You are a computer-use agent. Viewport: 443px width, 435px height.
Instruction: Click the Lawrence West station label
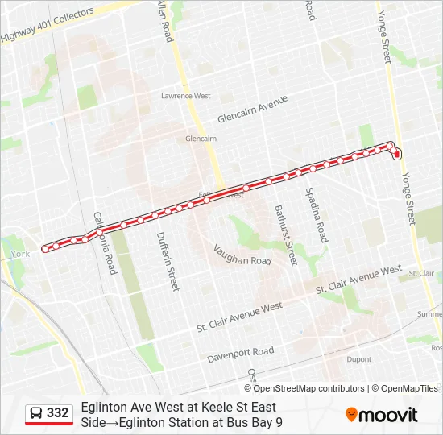coord(185,96)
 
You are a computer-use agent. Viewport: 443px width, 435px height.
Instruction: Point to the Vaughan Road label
coord(243,255)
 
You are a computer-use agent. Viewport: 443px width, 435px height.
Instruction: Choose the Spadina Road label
coord(317,214)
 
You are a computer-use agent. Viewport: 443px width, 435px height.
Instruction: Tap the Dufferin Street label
coord(168,263)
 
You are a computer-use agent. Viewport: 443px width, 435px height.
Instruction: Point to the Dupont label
coord(358,359)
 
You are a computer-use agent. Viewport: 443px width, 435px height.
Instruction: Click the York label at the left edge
coord(19,254)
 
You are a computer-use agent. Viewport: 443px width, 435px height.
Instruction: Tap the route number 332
coord(58,412)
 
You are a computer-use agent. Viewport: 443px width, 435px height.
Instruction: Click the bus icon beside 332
coord(36,413)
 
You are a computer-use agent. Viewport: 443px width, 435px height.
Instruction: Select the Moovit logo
coord(382,415)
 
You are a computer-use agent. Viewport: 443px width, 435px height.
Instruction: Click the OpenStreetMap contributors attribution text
coord(308,388)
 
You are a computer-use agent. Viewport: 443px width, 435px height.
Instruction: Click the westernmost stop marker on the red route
coord(45,248)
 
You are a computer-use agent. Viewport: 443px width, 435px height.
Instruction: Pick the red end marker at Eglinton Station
coord(397,154)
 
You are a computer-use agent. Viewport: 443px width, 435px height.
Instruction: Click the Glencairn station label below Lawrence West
coord(201,139)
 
